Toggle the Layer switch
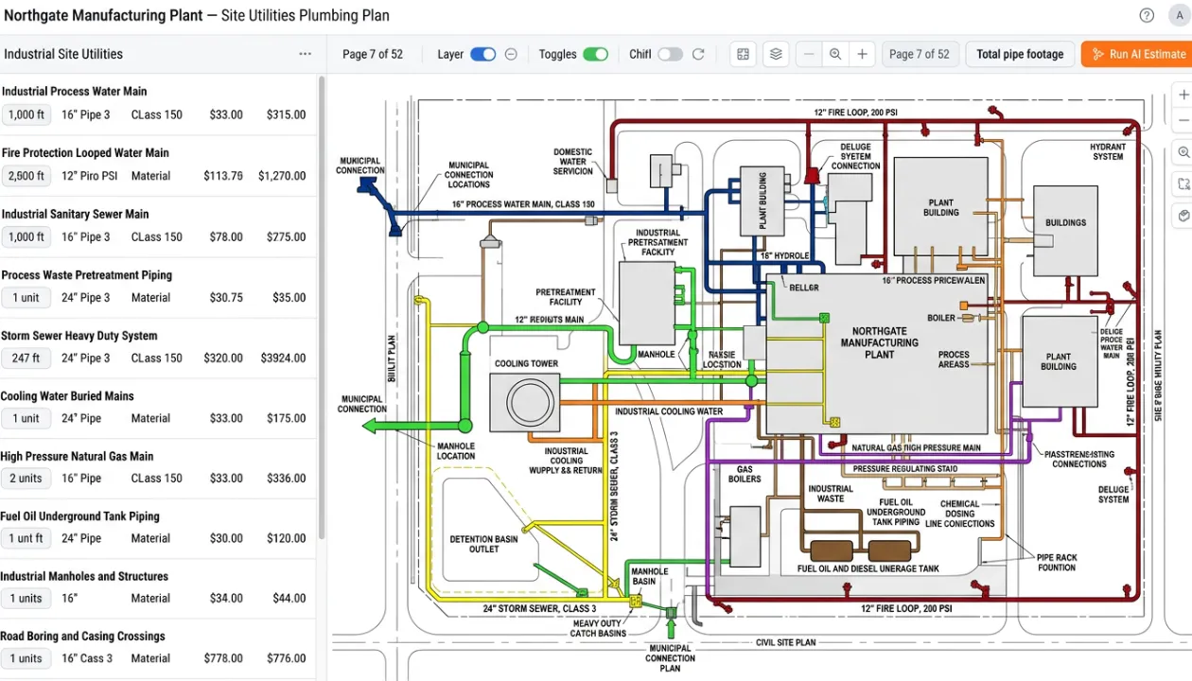tap(482, 54)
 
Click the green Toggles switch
tap(595, 54)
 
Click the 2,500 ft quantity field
tap(26, 176)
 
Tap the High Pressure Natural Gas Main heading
tap(77, 456)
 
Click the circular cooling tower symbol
tap(525, 403)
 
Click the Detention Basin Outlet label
tap(483, 544)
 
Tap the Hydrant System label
tap(1108, 151)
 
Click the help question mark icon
tap(1147, 15)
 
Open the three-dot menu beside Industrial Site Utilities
tap(305, 54)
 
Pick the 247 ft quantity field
tap(26, 358)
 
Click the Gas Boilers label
tap(745, 474)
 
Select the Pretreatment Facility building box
tap(646, 303)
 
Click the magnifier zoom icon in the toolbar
tap(835, 54)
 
